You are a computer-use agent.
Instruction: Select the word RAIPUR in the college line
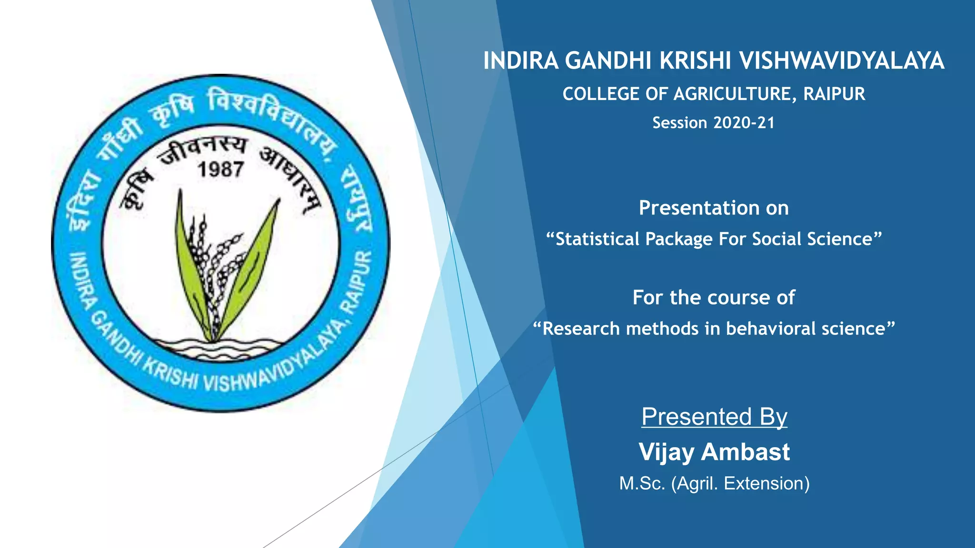pyautogui.click(x=834, y=94)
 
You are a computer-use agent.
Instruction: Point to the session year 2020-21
pyautogui.click(x=744, y=123)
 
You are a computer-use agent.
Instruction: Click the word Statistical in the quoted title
pyautogui.click(x=597, y=239)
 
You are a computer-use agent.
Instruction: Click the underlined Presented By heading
pyautogui.click(x=714, y=417)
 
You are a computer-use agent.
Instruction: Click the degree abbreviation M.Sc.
pyautogui.click(x=642, y=483)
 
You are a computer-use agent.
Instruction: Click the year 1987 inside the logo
pyautogui.click(x=220, y=169)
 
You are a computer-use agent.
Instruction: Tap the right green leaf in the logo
pyautogui.click(x=252, y=271)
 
